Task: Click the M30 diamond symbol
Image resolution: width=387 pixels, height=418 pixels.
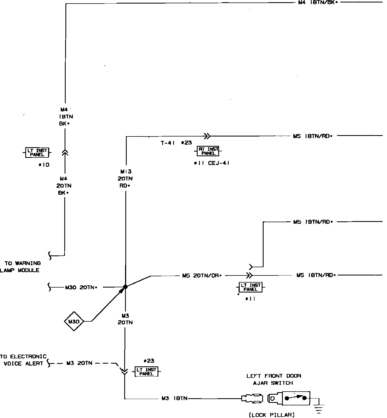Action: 74,321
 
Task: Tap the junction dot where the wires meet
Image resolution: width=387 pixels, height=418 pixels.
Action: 125,287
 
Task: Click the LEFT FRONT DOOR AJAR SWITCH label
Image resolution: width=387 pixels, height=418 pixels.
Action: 273,379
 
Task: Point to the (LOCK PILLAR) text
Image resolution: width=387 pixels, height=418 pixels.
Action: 272,415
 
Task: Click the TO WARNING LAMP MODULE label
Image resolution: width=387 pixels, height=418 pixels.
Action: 21,267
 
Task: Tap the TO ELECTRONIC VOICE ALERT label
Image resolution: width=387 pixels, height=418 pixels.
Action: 23,360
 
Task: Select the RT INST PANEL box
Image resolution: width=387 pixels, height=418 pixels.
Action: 208,151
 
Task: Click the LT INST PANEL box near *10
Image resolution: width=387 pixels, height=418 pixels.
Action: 37,152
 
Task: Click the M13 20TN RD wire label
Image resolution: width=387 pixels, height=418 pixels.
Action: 125,179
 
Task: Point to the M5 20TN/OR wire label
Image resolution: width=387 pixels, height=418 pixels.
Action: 202,275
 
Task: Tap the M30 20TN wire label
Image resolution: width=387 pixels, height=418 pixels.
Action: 81,288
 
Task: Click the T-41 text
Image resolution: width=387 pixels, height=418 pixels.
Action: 168,143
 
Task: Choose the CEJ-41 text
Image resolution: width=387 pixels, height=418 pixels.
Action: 219,163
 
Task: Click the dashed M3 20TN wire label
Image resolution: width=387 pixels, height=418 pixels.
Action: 79,363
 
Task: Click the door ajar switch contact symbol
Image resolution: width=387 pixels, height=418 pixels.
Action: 295,398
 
